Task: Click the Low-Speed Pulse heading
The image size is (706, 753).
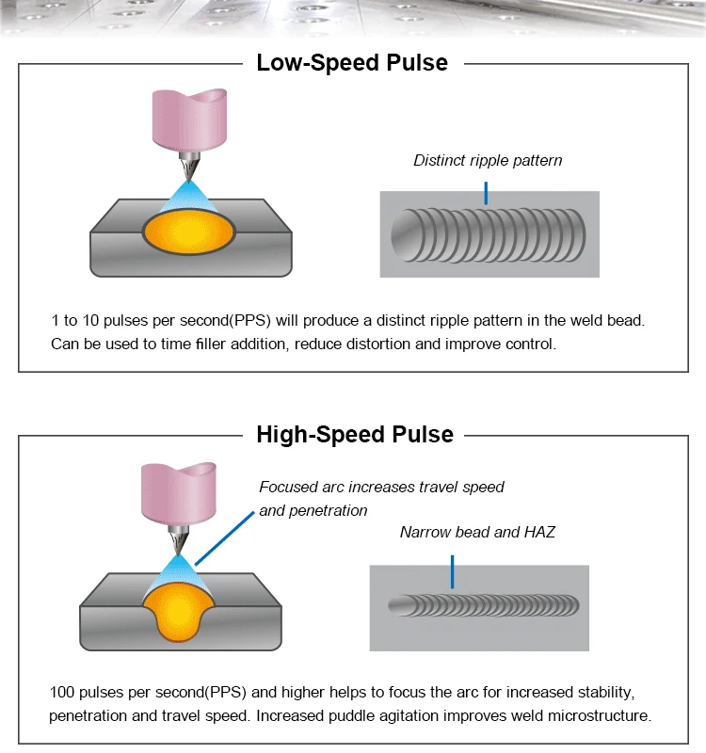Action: [x=352, y=63]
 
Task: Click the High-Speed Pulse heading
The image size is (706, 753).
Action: [x=355, y=435]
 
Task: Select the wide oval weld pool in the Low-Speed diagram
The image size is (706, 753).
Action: [x=189, y=232]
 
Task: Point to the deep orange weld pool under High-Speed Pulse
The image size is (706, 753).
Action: [x=178, y=612]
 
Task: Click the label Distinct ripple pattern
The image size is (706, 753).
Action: [x=488, y=160]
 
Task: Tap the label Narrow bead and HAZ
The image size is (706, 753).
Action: [x=477, y=532]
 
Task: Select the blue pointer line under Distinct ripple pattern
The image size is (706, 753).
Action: [x=486, y=193]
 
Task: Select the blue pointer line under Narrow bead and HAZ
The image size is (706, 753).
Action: [x=453, y=572]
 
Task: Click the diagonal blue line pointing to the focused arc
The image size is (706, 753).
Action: [x=224, y=538]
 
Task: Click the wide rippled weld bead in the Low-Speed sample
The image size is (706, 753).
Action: [x=488, y=235]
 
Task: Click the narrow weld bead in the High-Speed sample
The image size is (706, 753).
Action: [x=484, y=605]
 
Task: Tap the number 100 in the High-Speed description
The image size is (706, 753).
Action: [x=62, y=692]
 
